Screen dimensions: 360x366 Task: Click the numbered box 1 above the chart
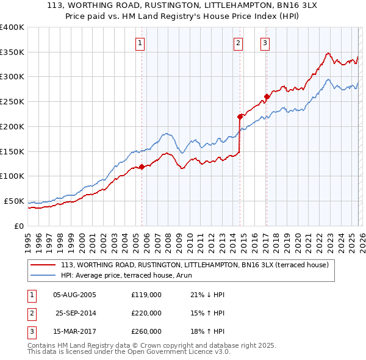pyautogui.click(x=140, y=43)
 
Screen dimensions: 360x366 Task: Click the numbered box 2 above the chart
pyautogui.click(x=237, y=43)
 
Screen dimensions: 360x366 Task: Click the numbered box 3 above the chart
pyautogui.click(x=265, y=43)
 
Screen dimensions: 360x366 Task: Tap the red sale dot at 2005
pyautogui.click(x=142, y=167)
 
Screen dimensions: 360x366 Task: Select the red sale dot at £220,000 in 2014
pyautogui.click(x=240, y=116)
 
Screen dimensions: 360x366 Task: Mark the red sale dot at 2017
pyautogui.click(x=267, y=96)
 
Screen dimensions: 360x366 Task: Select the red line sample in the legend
pyautogui.click(x=44, y=265)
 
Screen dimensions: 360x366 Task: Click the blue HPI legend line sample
pyautogui.click(x=44, y=275)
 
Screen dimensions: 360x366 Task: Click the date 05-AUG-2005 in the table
pyautogui.click(x=74, y=295)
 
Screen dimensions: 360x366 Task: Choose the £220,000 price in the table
pyautogui.click(x=146, y=313)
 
